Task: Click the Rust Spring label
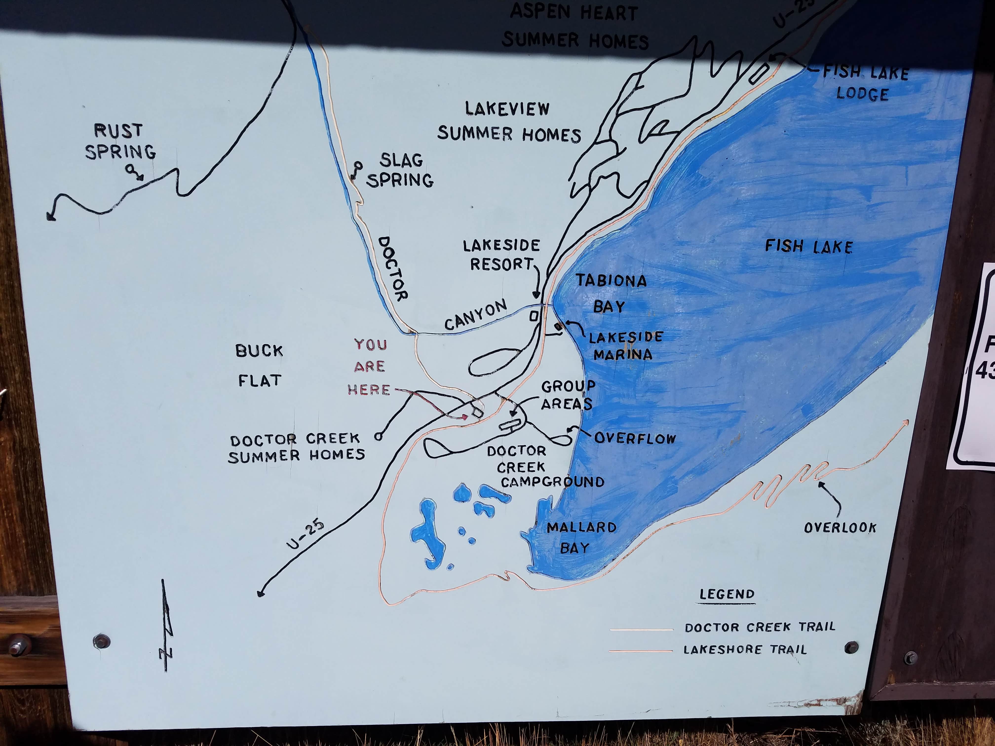point(120,142)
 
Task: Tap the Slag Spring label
point(400,170)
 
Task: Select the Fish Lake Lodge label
point(864,83)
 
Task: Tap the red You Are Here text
point(369,367)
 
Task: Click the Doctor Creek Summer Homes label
point(296,448)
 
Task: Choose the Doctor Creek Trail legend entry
point(760,627)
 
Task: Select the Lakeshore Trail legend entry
point(745,649)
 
